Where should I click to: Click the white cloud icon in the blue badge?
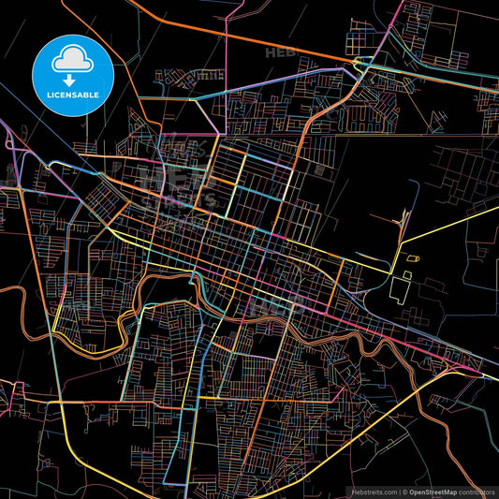coord(71,60)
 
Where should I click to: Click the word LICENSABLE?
coord(71,95)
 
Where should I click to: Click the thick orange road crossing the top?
coord(243,37)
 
